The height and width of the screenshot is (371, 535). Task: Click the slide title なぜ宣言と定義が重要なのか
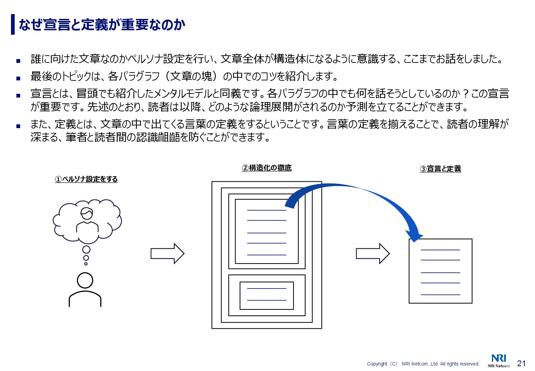click(x=102, y=25)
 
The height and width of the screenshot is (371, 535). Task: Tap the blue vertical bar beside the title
click(x=13, y=24)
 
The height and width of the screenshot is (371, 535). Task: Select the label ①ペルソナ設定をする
click(x=86, y=179)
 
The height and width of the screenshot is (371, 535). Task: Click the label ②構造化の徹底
click(x=266, y=168)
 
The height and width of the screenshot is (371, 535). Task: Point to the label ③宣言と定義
click(x=440, y=169)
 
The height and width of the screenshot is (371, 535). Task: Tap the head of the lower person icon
click(x=85, y=280)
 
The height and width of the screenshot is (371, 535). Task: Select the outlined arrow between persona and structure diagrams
click(x=167, y=254)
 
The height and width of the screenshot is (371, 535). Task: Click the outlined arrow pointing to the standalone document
click(x=373, y=254)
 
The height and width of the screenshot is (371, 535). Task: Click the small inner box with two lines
click(x=266, y=295)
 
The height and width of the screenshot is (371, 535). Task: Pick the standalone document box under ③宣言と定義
click(x=440, y=271)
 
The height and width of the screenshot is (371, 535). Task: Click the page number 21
click(x=521, y=363)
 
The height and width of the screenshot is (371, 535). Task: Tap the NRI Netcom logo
click(x=499, y=361)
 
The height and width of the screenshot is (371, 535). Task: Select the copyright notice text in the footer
click(x=423, y=364)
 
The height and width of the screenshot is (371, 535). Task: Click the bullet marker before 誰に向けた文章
click(x=18, y=61)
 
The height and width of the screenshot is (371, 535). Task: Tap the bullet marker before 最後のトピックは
click(x=18, y=78)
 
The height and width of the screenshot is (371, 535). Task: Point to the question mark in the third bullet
click(x=465, y=93)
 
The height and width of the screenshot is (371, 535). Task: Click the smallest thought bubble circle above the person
click(x=86, y=264)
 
